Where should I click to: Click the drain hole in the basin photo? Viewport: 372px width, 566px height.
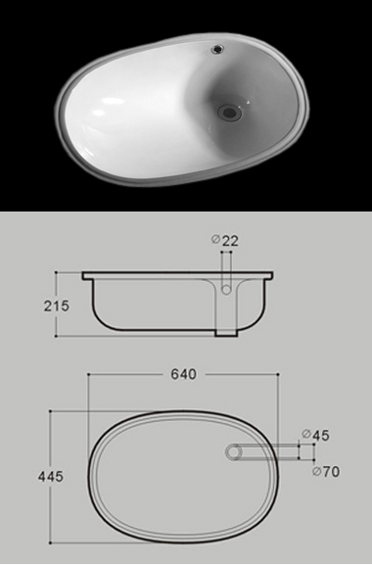(x=229, y=113)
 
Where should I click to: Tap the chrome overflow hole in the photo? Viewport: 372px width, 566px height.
(x=218, y=48)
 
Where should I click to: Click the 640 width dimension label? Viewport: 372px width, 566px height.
(x=184, y=374)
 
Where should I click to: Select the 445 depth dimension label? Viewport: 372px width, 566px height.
(x=51, y=477)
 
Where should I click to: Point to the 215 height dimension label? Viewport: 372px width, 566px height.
(x=57, y=307)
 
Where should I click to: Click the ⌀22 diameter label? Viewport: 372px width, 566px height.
(x=225, y=241)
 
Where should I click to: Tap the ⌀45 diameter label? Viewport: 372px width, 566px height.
(x=316, y=435)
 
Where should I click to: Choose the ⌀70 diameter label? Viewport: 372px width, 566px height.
(x=326, y=471)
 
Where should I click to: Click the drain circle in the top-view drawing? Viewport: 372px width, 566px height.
(x=234, y=452)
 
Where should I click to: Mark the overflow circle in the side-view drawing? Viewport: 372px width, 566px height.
(x=226, y=290)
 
